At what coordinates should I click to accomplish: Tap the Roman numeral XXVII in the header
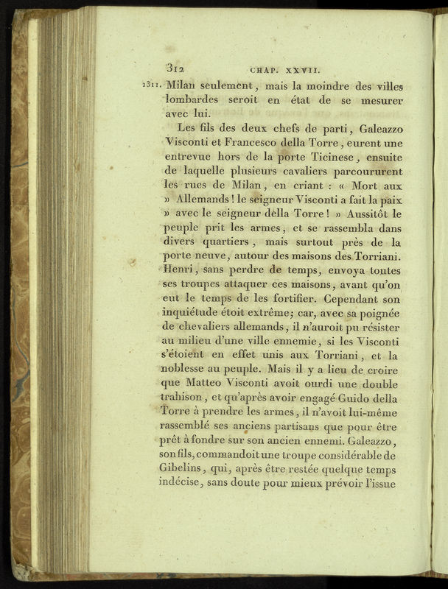tap(300, 71)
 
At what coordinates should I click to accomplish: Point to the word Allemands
tap(211, 203)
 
